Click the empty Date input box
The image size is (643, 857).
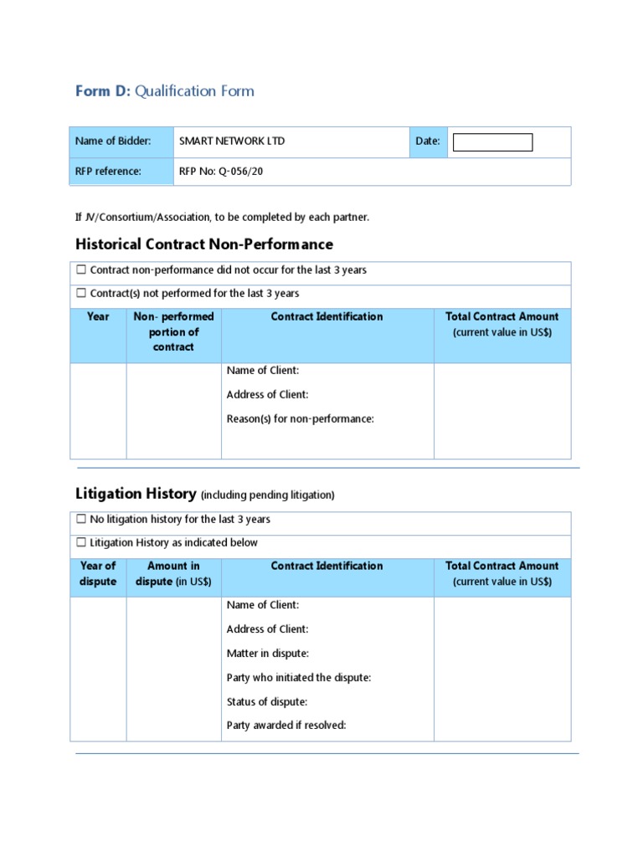click(492, 142)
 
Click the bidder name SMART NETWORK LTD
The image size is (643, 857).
click(232, 141)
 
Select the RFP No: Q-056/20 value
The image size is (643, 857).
click(226, 172)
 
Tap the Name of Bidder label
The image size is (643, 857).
click(113, 141)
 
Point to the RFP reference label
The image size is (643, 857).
click(108, 172)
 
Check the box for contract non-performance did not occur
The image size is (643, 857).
click(81, 270)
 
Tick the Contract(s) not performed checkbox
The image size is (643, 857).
click(81, 294)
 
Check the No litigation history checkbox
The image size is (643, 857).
click(81, 520)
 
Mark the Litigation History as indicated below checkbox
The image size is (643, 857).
click(81, 543)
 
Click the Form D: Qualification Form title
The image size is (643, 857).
click(165, 91)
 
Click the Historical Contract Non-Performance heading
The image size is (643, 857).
click(204, 244)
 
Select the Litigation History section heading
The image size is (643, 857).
click(136, 494)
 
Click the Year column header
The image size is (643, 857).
click(98, 316)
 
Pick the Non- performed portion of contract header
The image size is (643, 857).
click(173, 331)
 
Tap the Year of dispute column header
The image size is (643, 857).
click(98, 573)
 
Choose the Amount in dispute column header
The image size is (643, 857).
click(173, 573)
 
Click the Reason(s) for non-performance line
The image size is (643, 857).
click(300, 418)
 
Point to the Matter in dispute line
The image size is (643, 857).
click(268, 653)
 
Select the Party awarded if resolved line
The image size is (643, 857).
click(286, 726)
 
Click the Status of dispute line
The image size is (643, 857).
click(267, 701)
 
